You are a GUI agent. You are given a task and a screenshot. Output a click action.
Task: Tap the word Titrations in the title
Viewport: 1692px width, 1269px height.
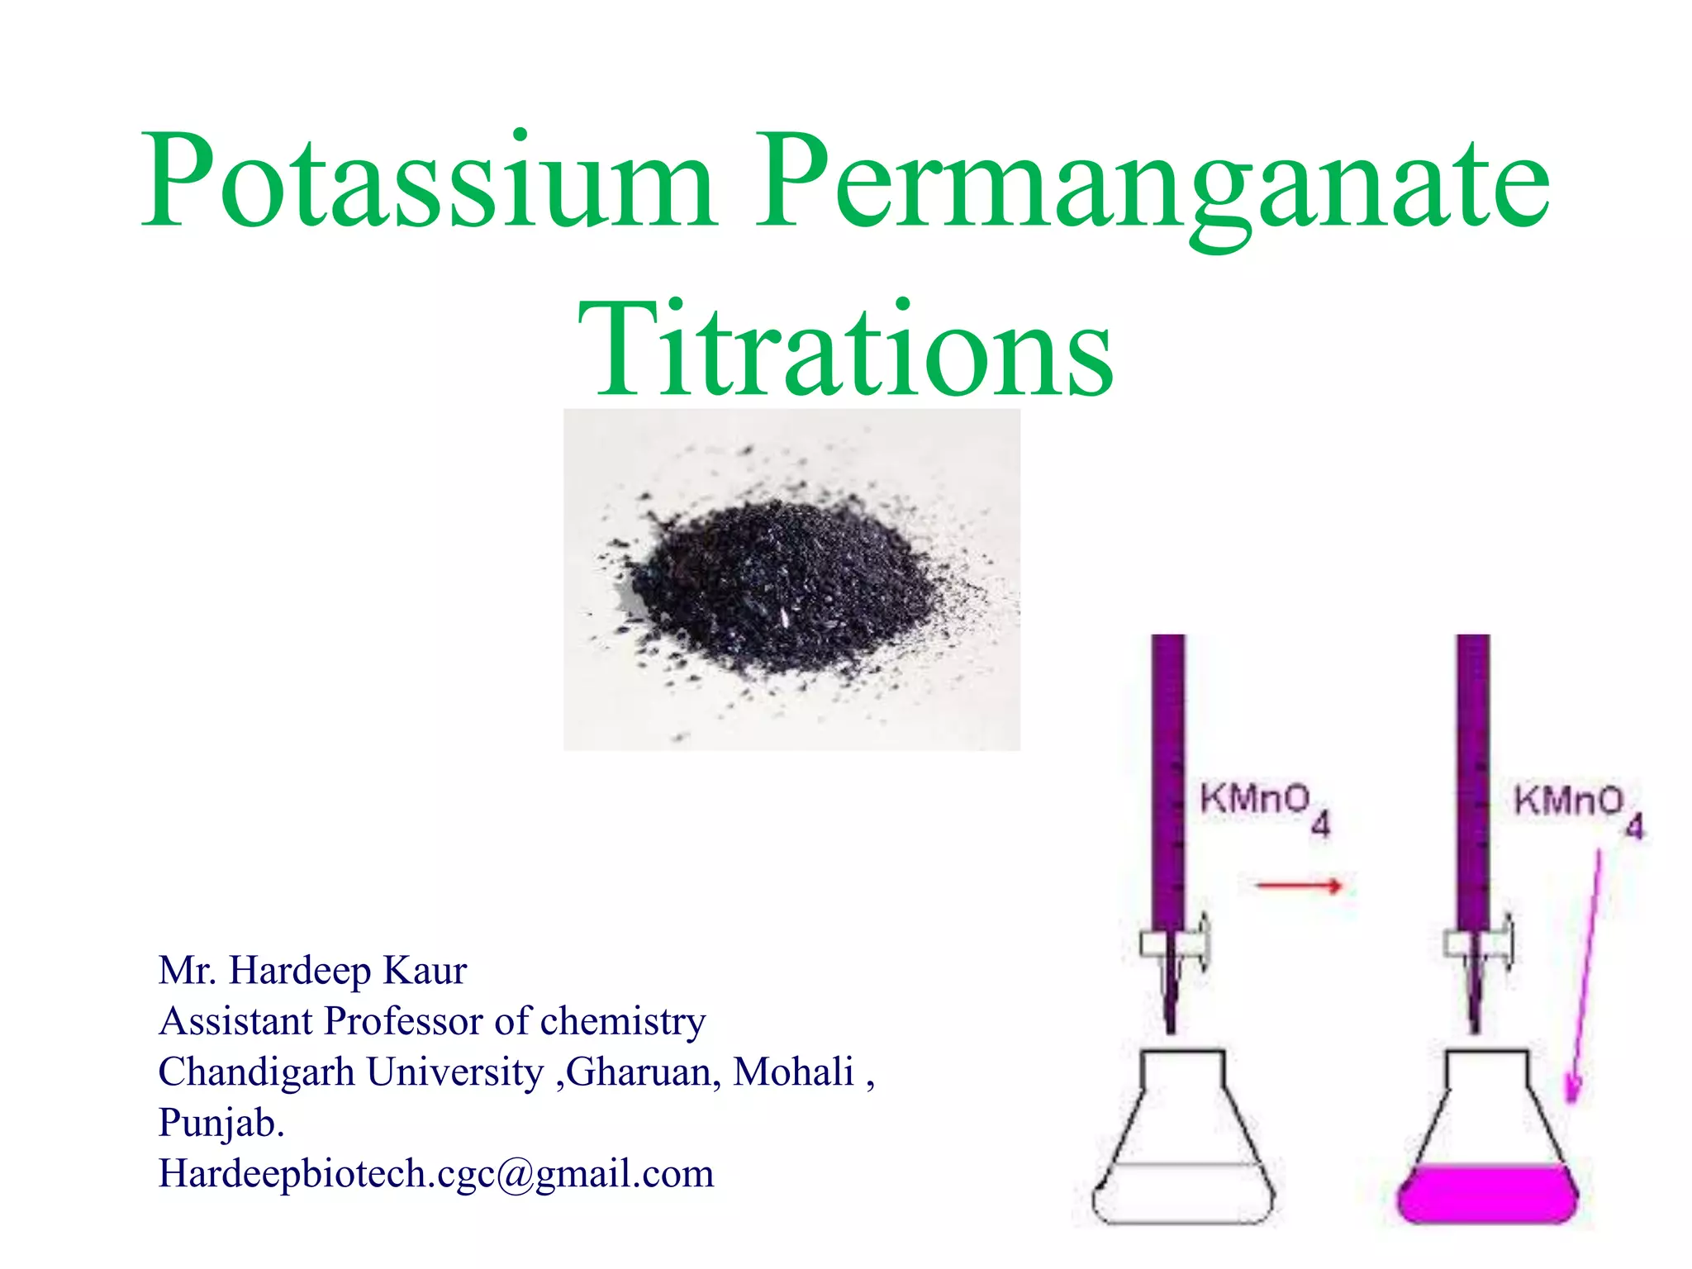coord(846,350)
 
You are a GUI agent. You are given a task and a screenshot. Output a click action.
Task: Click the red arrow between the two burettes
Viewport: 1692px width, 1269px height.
coord(1298,886)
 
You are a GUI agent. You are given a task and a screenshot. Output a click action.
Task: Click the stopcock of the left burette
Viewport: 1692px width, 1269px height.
coord(1173,943)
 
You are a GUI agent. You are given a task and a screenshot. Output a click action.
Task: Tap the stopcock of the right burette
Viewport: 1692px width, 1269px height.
coord(1479,943)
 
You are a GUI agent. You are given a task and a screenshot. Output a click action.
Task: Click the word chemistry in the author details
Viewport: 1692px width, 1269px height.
coord(623,1022)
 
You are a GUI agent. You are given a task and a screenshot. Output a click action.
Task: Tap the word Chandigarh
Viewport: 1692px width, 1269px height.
coord(256,1072)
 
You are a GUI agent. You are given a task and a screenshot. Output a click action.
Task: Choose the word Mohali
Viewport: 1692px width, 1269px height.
coord(793,1072)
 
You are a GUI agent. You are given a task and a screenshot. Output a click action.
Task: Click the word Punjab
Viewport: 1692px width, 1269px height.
coord(221,1124)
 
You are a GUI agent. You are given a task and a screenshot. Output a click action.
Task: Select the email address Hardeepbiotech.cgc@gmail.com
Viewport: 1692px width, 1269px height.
coord(436,1174)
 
